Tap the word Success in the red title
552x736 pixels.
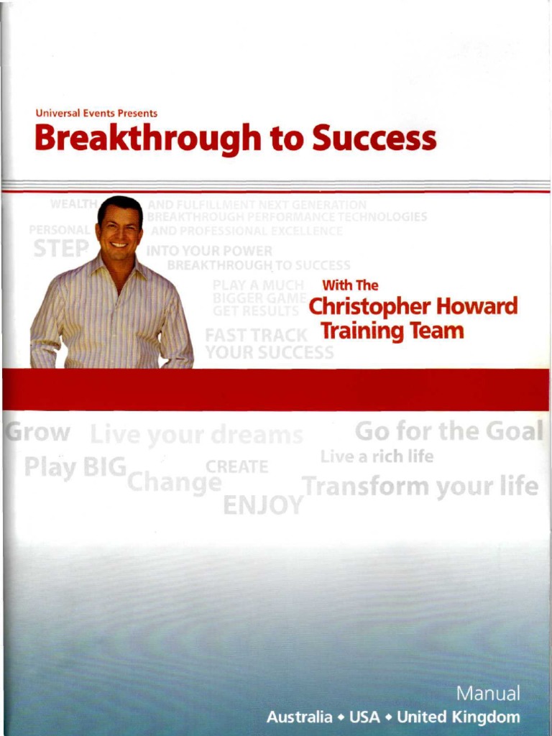(373, 137)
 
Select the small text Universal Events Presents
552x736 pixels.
(96, 113)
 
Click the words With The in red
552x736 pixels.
(349, 285)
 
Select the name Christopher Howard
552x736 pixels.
(412, 308)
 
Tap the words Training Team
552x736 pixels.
(392, 331)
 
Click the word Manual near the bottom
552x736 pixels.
(488, 694)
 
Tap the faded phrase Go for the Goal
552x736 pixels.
(449, 431)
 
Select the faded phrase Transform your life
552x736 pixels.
(420, 487)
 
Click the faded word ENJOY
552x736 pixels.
(263, 505)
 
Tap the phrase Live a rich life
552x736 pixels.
(377, 456)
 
